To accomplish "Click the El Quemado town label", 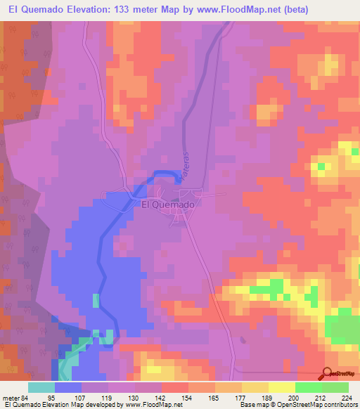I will [x=167, y=204].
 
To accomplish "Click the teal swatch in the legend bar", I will [x=41, y=387].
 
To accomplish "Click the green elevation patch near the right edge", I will [x=345, y=328].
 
